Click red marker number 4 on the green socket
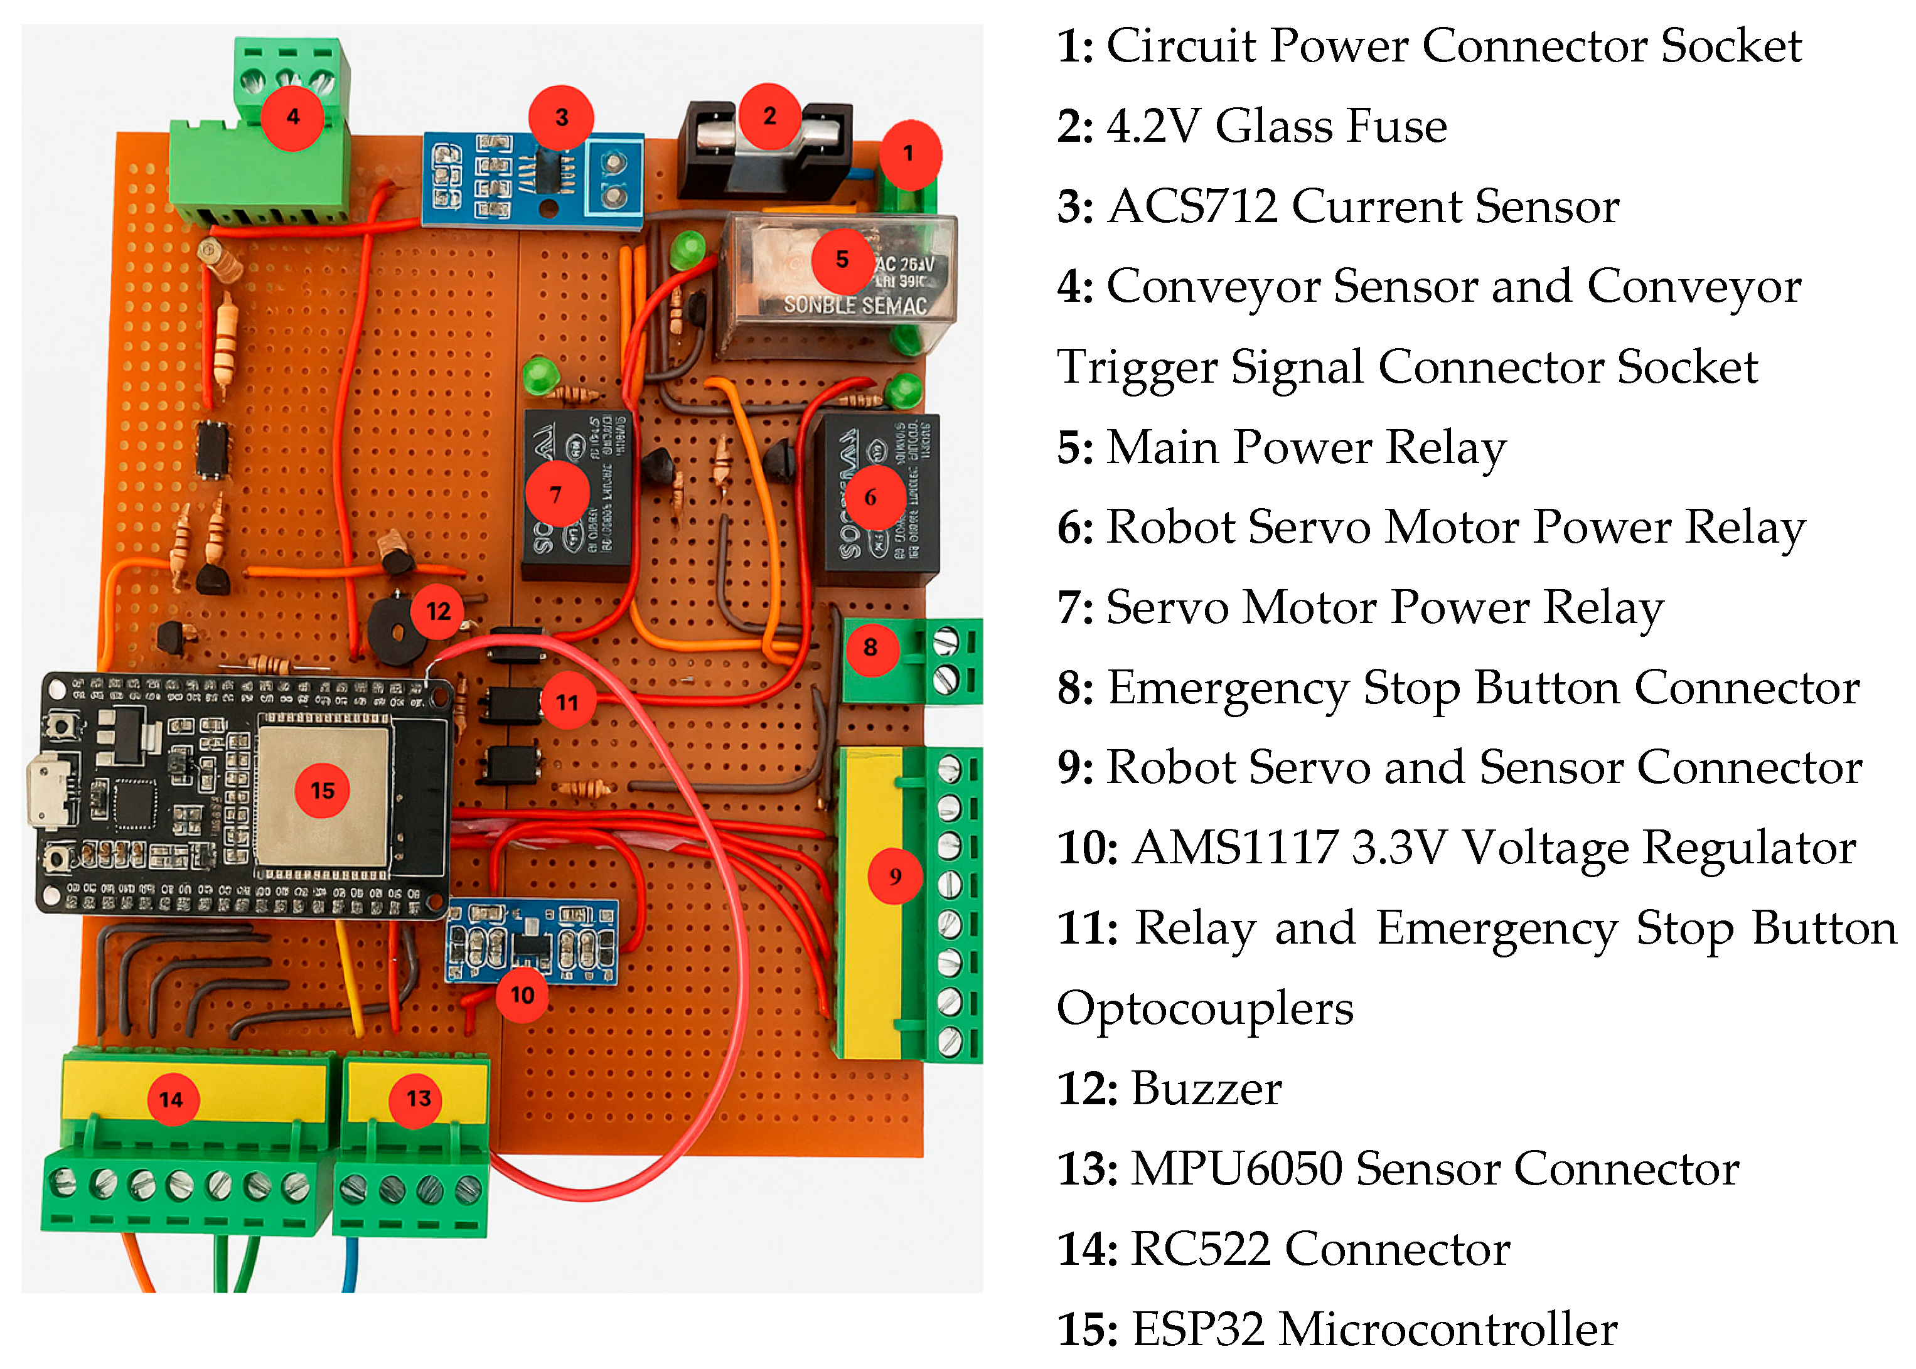(x=292, y=117)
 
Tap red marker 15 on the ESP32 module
(x=321, y=790)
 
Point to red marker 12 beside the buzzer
(x=437, y=611)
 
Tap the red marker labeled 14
(x=171, y=1099)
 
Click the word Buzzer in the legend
(x=1206, y=1089)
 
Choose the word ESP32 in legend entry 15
(x=1197, y=1329)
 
